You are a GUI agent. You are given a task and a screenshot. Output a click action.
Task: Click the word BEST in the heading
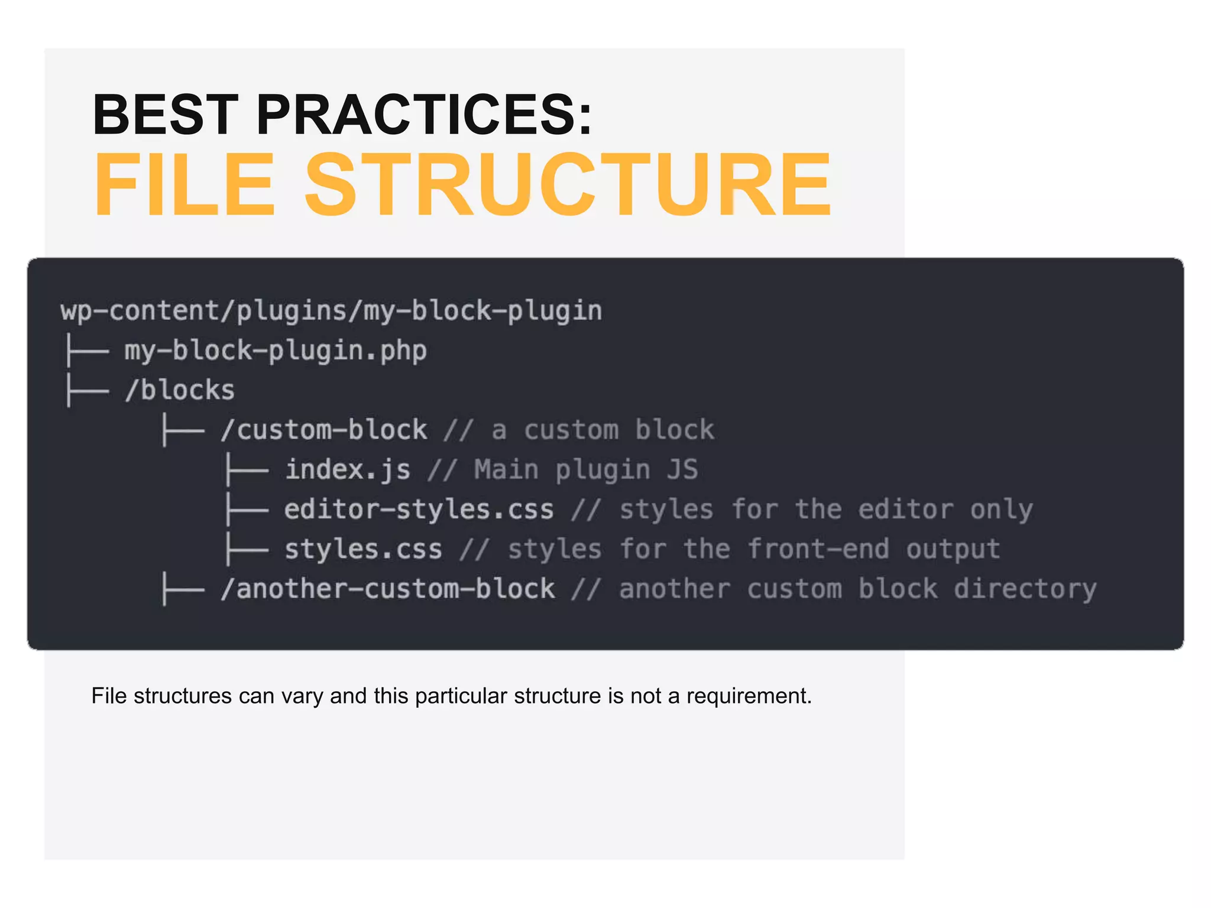(x=165, y=115)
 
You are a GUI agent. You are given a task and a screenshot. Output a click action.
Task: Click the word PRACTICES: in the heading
(x=423, y=115)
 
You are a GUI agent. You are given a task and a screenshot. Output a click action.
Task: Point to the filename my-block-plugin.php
(x=276, y=351)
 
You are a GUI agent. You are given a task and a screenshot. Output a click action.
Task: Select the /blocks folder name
(x=180, y=391)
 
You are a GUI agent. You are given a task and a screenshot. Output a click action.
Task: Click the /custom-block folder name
(x=323, y=430)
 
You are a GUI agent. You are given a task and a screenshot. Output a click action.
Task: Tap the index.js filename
(x=348, y=470)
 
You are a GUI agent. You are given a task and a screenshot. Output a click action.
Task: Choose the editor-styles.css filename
(x=419, y=510)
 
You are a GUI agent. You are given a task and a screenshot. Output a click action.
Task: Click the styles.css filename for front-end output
(x=363, y=550)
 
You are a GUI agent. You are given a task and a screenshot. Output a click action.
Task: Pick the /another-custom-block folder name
(x=387, y=589)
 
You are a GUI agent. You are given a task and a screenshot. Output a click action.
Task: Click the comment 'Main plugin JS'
(x=585, y=470)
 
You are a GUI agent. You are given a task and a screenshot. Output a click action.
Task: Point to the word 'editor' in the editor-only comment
(x=905, y=510)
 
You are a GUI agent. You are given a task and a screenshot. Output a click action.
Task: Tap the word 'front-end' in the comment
(x=818, y=550)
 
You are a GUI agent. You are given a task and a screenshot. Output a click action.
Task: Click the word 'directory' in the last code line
(x=1025, y=589)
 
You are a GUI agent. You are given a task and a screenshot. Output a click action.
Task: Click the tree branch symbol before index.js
(x=247, y=471)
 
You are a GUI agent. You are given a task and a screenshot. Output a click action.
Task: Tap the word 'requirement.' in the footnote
(x=749, y=696)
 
